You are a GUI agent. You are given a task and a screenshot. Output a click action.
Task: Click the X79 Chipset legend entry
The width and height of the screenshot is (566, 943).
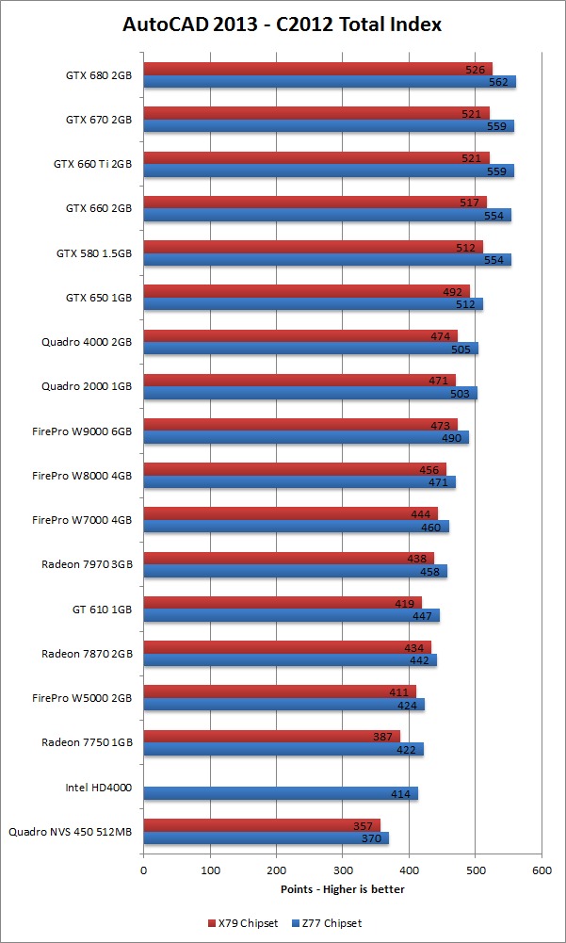click(243, 922)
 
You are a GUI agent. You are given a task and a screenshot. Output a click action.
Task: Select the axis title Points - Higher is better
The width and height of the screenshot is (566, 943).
click(343, 888)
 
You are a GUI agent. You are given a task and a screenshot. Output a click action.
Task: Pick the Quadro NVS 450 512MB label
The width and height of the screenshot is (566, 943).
click(71, 832)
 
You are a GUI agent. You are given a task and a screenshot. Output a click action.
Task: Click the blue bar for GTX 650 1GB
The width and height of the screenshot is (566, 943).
click(311, 304)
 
